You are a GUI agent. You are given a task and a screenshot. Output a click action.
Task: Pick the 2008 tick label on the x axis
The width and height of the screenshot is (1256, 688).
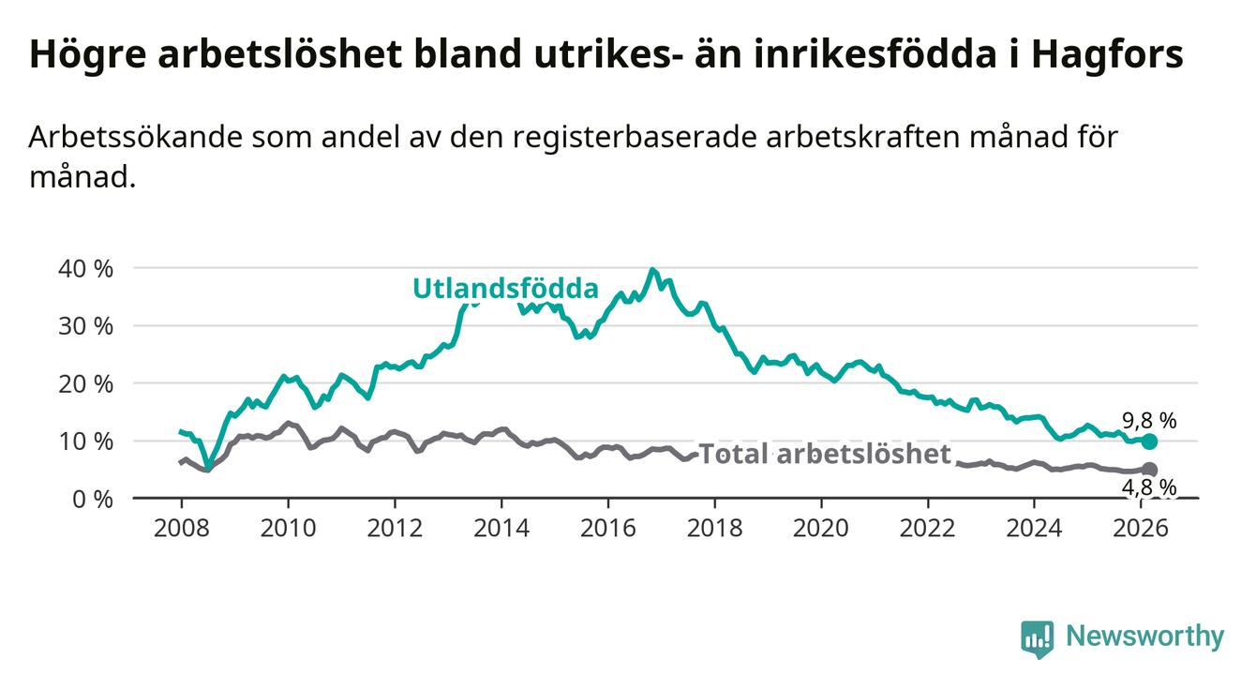point(181,527)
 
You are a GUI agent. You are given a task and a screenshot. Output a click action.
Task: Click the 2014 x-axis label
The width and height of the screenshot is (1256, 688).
point(501,527)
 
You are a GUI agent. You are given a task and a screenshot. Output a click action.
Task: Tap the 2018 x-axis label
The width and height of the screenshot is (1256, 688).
point(715,527)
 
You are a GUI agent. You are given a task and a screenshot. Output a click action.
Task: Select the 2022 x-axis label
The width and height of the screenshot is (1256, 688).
point(929,527)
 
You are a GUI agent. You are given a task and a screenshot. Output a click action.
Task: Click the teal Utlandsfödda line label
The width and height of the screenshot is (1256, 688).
point(505,289)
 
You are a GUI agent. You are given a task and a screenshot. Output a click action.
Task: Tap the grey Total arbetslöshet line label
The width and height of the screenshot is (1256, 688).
point(825,456)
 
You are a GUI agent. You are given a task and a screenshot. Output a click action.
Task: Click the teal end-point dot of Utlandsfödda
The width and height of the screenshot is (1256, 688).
point(1149,441)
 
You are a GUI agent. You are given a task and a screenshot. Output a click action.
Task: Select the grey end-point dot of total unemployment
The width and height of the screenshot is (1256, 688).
point(1149,470)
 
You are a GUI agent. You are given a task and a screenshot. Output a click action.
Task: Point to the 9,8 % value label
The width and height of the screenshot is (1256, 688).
point(1148,421)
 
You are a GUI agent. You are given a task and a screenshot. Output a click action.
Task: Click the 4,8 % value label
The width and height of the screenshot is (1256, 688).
point(1148,487)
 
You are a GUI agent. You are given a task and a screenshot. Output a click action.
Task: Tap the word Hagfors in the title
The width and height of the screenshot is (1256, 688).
point(1106,55)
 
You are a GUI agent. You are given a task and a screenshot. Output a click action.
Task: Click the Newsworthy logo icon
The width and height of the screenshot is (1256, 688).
point(1037,638)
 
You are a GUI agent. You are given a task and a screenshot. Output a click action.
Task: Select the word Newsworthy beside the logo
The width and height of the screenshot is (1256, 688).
point(1144,637)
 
